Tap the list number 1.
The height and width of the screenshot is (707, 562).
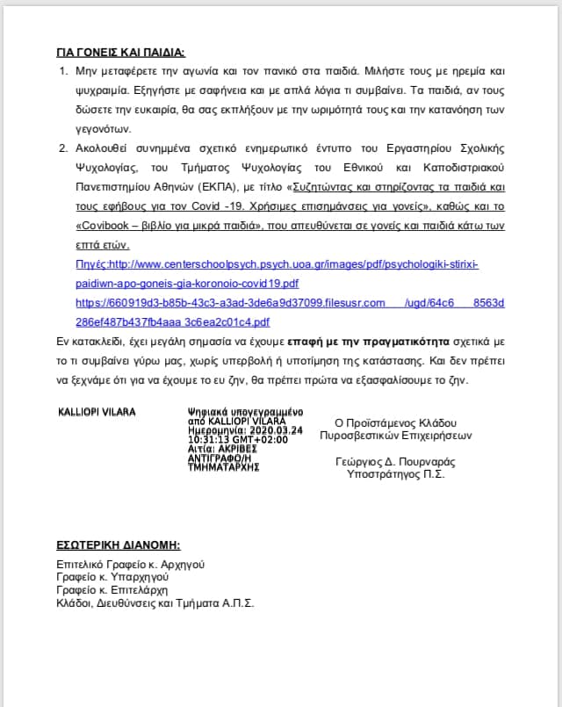pos(61,69)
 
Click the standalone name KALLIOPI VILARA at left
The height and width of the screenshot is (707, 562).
pos(97,411)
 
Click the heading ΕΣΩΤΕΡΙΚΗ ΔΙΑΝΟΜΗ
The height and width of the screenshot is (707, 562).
pos(119,545)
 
